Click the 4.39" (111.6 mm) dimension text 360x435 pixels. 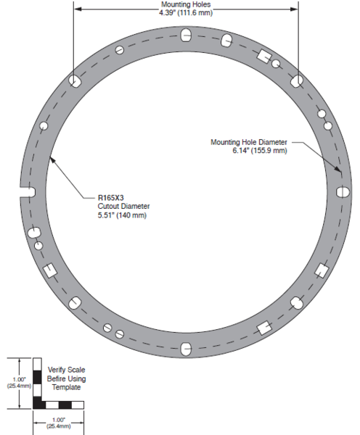tap(186, 13)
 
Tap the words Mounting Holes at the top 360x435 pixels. tap(186, 4)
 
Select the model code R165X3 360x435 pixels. tap(110, 198)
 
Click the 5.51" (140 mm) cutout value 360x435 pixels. tap(122, 215)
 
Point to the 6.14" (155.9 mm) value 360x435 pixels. tap(260, 151)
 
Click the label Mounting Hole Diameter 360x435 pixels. tap(249, 142)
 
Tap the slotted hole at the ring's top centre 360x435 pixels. tap(186, 35)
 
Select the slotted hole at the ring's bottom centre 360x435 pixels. tap(186, 349)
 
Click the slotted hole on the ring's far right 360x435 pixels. tap(343, 192)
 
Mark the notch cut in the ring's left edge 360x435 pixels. tap(28, 192)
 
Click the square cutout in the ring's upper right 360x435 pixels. tap(264, 57)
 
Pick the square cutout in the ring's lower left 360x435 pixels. tap(50, 270)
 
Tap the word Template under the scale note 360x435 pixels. tap(66, 387)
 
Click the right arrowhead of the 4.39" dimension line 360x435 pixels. tap(295, 9)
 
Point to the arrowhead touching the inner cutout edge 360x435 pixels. tap(52, 160)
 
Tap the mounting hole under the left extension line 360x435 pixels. tap(74, 81)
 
